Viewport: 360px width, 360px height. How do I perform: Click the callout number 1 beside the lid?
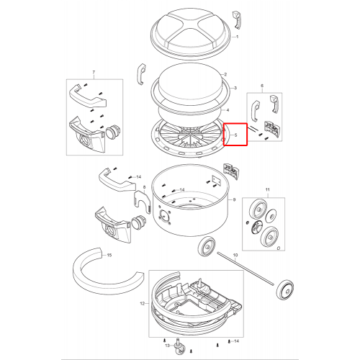click(x=238, y=37)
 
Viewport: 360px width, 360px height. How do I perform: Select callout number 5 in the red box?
click(x=235, y=135)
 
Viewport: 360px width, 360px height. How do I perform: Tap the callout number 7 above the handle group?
click(x=94, y=72)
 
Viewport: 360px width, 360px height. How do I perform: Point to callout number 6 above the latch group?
click(x=262, y=86)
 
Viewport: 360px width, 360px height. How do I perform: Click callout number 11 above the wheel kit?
click(x=268, y=189)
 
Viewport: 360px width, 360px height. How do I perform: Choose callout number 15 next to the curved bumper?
click(x=109, y=255)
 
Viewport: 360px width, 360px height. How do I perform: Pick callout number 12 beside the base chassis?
click(x=143, y=304)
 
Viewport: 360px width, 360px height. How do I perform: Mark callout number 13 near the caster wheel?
click(x=168, y=346)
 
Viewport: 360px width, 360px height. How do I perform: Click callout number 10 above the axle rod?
click(x=235, y=255)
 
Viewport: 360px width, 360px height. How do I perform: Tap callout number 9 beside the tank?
click(x=234, y=199)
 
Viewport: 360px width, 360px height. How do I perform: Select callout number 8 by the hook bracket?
click(x=144, y=187)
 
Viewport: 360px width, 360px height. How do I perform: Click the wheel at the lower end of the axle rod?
click(x=285, y=290)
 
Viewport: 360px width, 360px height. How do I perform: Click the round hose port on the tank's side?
click(x=165, y=216)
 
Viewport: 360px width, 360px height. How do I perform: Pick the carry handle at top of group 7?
click(x=88, y=96)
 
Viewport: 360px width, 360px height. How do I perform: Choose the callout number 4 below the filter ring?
click(x=228, y=110)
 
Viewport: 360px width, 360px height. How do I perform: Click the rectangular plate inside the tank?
click(x=216, y=180)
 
